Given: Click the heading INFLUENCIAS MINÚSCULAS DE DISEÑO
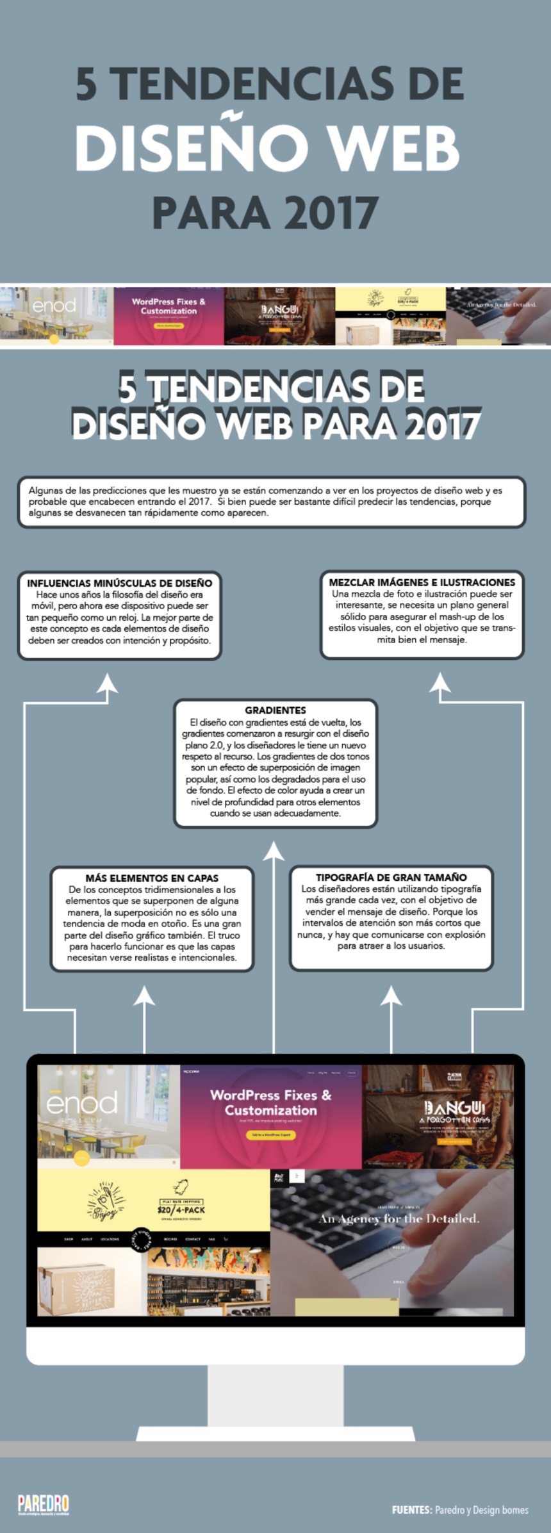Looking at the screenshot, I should pos(120,583).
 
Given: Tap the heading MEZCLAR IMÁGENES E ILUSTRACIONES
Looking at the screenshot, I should pos(422,582).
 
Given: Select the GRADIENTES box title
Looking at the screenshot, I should pos(275,710).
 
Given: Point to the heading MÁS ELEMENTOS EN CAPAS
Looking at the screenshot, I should pos(152,878).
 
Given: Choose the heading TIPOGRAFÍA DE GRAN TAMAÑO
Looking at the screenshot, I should pos(391,877).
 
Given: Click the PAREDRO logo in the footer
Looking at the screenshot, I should pos(43,1503).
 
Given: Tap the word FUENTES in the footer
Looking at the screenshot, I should pos(411,1510).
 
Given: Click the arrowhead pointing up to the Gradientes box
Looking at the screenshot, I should pos(274,851).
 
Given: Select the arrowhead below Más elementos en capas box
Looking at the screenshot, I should pos(145,995).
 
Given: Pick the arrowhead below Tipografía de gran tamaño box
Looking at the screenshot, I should pos(391,995).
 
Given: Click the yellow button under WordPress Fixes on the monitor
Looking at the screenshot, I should pos(271,1135).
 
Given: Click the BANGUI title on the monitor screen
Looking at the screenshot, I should pos(455,1108).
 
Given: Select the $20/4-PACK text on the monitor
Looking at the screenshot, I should pos(181,1210).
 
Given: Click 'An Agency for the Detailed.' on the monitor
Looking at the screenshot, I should pos(399,1218).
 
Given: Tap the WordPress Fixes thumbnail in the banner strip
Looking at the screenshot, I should pos(169,316).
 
